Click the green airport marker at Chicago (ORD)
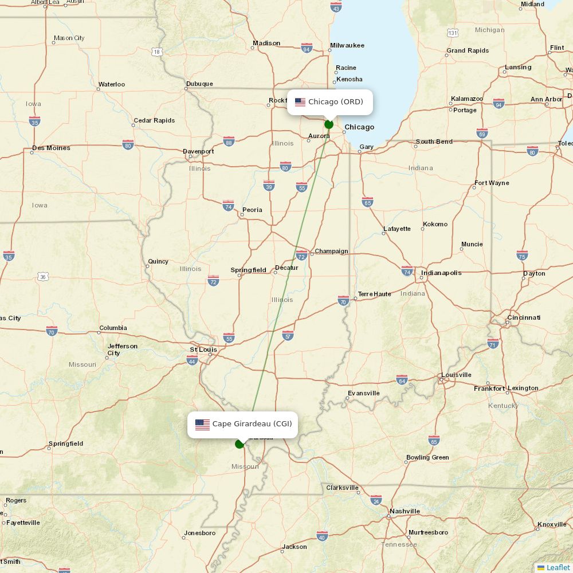tap(329, 124)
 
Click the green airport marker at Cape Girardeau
tap(240, 444)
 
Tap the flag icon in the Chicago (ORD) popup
tap(300, 102)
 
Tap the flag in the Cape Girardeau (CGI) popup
tap(202, 425)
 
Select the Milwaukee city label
tap(347, 45)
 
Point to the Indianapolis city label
tap(441, 273)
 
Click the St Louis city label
tap(203, 350)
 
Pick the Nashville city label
tap(405, 511)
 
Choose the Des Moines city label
tap(51, 148)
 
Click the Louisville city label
tap(456, 375)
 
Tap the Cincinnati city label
tap(523, 317)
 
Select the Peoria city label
tap(252, 210)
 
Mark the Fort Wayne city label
tap(491, 183)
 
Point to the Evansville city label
tap(363, 393)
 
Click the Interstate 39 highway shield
tap(269, 186)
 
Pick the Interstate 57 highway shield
tap(288, 335)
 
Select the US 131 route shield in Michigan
tap(453, 33)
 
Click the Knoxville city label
tap(552, 525)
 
